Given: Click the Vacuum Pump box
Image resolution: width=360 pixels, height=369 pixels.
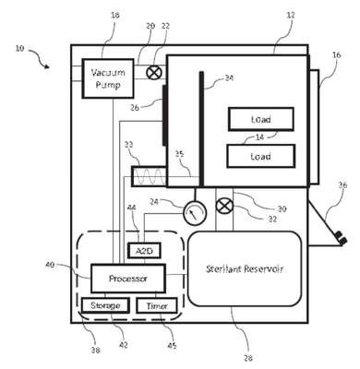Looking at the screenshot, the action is pos(108,78).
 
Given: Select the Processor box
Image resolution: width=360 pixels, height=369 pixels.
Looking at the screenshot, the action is pos(128,279).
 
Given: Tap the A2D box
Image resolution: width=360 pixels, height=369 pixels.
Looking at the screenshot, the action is pos(144,251).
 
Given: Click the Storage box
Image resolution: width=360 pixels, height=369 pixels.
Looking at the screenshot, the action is pos(105,305).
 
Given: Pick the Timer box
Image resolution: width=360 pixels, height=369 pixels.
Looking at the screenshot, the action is pos(157,305).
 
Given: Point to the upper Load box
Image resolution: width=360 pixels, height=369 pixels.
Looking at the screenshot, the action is pos(261,119).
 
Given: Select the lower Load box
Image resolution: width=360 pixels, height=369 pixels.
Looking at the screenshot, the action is pos(261,156).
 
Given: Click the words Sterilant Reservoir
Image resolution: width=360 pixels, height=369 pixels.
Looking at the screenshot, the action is pos(245,268).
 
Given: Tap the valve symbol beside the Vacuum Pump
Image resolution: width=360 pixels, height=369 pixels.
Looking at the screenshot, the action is pos(153,73).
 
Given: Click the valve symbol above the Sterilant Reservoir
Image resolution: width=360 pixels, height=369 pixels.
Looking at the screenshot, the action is pos(224,206).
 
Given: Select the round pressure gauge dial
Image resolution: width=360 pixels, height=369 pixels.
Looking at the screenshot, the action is pos(195,212).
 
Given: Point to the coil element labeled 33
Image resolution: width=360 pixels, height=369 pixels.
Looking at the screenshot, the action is pos(149,176).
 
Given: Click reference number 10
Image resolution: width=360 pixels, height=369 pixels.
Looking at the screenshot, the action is pos(19,48).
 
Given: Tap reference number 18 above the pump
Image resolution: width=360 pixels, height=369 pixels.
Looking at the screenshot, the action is pos(114,15).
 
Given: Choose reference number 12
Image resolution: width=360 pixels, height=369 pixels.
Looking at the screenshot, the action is pos(290,15).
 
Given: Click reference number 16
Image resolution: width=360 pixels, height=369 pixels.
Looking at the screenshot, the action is pos(337,55).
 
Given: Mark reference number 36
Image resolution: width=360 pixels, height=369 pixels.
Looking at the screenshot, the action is pos(342,184).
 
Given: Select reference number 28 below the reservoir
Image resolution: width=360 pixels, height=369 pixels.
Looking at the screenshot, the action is pos(248,358).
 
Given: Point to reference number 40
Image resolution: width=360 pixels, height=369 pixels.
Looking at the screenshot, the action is pos(50,264).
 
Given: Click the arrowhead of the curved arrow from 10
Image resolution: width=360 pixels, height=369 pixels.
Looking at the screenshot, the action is pos(47,66).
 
